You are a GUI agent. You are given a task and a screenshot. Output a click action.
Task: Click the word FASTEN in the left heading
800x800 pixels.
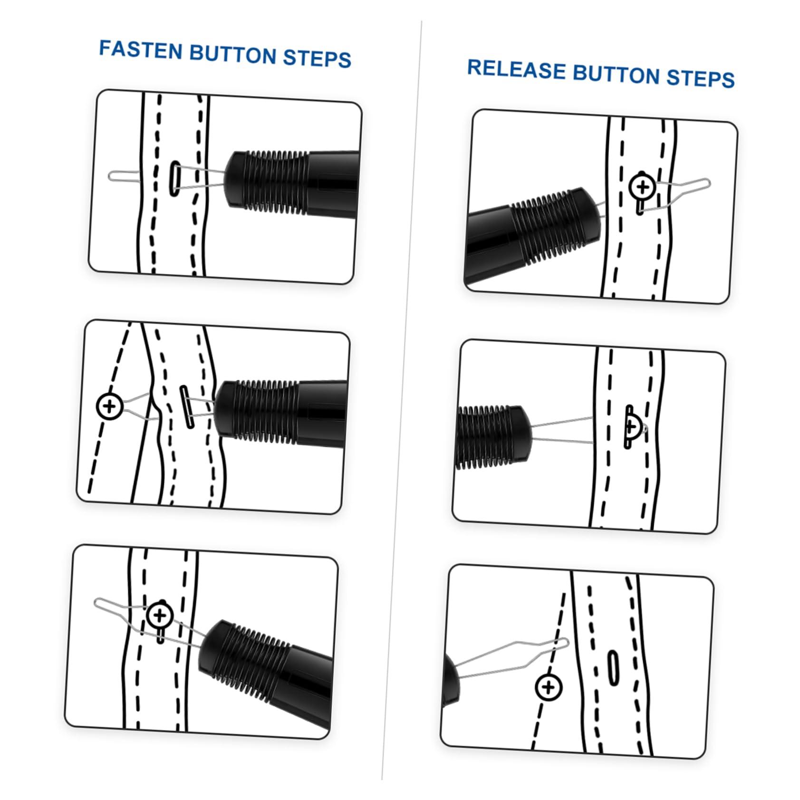[141, 50]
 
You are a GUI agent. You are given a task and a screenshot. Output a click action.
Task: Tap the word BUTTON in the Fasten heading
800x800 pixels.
[233, 54]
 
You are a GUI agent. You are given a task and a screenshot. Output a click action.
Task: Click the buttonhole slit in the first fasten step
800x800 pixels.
[175, 177]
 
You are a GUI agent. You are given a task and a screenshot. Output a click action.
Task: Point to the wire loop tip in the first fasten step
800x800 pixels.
[110, 175]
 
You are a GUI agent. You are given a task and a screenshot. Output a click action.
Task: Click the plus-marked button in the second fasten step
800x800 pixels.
[110, 406]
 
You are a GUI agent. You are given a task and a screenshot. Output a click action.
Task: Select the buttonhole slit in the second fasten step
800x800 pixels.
[187, 407]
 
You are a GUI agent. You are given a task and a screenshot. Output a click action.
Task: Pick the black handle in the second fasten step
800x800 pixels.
[280, 412]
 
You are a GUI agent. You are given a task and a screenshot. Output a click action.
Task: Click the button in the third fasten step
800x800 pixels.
[160, 616]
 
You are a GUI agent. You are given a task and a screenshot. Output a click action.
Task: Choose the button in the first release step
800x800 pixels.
[643, 187]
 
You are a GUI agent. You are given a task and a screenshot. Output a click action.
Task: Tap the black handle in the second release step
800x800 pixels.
[492, 436]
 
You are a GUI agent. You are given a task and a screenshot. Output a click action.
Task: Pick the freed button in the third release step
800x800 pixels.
[549, 687]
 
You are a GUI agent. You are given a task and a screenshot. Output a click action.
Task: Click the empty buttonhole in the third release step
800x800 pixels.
[613, 668]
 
